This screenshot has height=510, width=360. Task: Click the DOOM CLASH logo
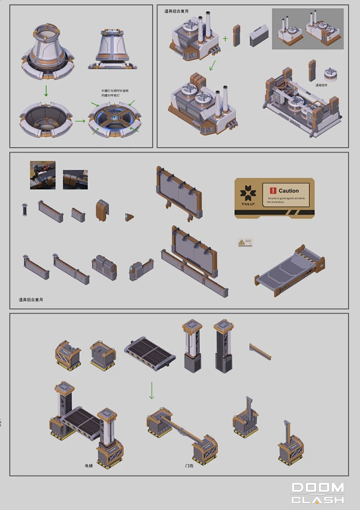point(317,492)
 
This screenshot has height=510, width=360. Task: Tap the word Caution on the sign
point(288,191)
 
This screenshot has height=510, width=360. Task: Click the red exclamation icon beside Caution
point(274,190)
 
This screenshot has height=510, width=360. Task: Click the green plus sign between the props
point(225,39)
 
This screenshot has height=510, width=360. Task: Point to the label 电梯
point(89,466)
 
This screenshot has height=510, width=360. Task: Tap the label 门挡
point(189,466)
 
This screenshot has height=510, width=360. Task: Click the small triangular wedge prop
point(129,217)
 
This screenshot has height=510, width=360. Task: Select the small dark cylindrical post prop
point(24,210)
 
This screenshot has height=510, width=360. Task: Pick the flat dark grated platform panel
point(149,353)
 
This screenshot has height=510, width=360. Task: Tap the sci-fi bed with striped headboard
point(289,268)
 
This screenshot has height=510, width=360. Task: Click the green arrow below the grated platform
point(152,390)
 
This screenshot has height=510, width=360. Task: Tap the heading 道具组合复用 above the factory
point(177,11)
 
